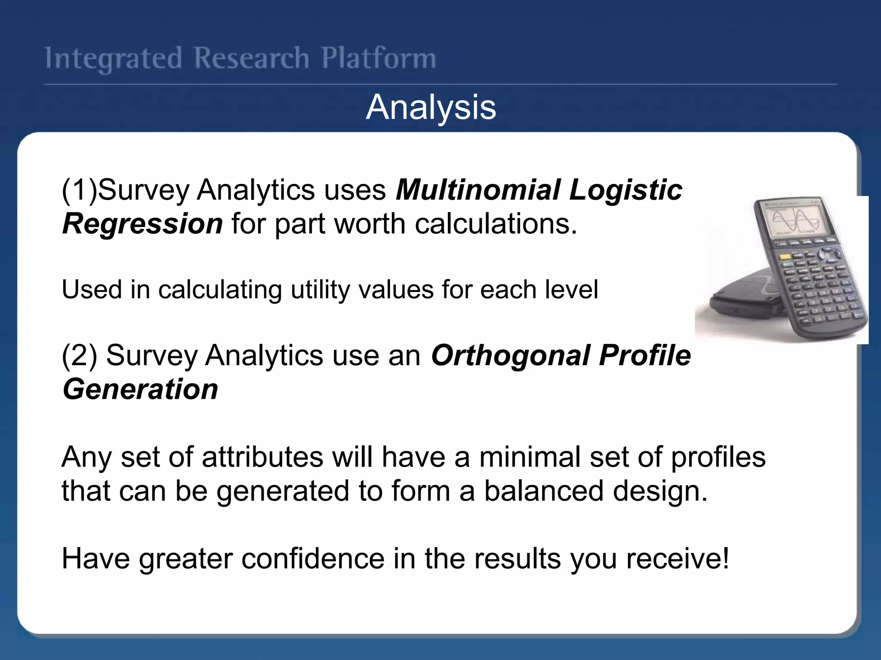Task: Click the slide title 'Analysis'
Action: point(431,107)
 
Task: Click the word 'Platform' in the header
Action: point(379,58)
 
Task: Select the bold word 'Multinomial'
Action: point(477,190)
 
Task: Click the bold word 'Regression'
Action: point(142,224)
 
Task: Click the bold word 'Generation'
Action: point(140,389)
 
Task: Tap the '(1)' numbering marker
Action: point(79,190)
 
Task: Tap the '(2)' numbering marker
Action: point(79,356)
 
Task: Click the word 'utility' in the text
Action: point(320,290)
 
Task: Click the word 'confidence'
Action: point(313,559)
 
